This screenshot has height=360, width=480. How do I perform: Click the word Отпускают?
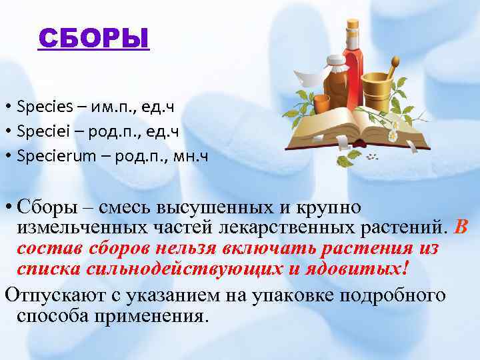(51, 295)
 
